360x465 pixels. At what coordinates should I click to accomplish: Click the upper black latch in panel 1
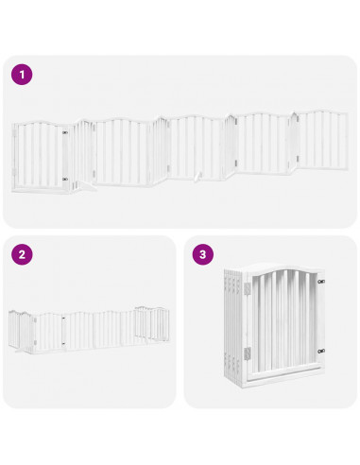pyautogui.click(x=65, y=134)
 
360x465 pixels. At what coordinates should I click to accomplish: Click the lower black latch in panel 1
pyautogui.click(x=65, y=178)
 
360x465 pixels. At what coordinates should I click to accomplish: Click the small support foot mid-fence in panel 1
pyautogui.click(x=197, y=176)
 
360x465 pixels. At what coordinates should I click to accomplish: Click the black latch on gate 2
pyautogui.click(x=61, y=324)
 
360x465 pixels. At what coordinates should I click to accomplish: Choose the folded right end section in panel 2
pyautogui.click(x=146, y=323)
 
